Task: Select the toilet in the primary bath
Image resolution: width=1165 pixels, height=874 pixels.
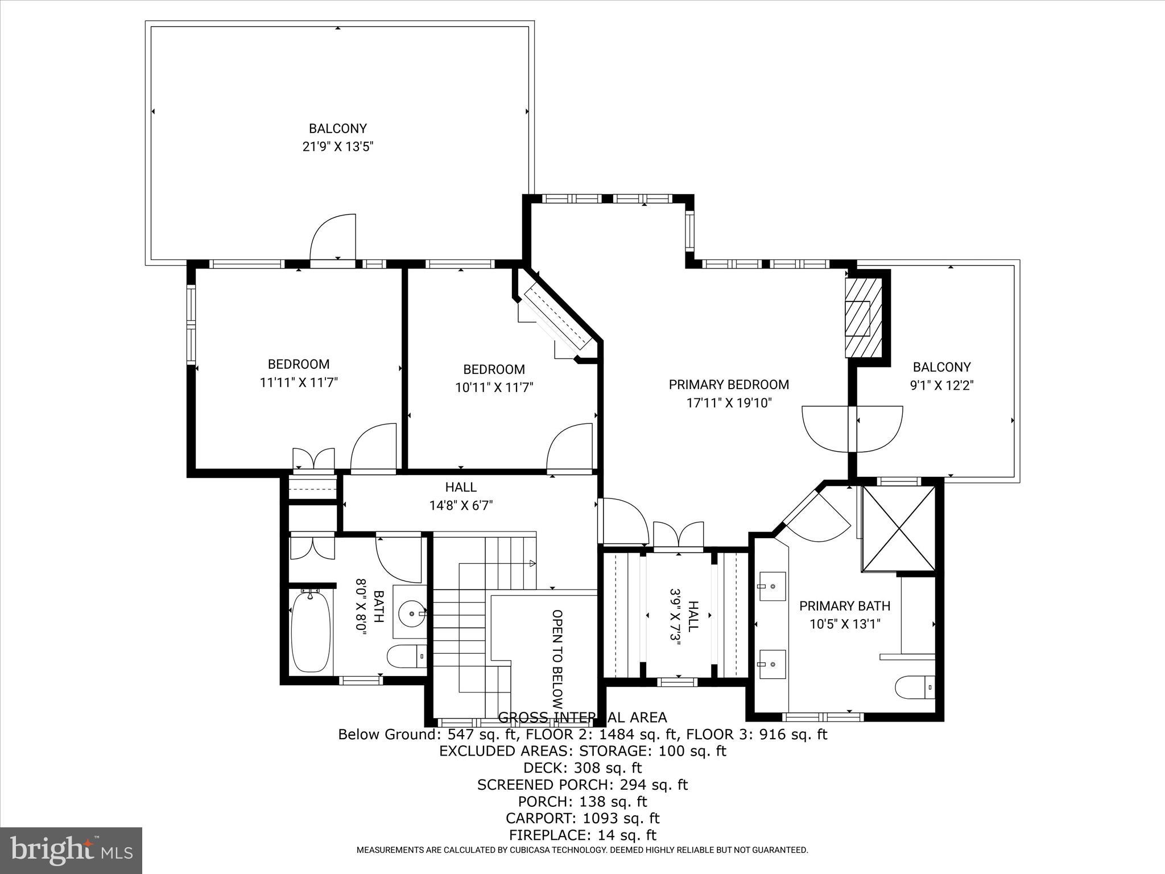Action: pos(914,687)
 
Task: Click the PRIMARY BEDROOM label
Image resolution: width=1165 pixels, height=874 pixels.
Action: pos(729,385)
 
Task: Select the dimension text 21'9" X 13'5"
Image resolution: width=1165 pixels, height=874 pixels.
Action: pos(337,147)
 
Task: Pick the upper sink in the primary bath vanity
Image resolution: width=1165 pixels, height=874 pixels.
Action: pos(772,586)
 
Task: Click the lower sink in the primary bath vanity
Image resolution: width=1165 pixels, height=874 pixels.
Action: pos(772,663)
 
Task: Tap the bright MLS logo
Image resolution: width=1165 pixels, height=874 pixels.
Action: pos(71,851)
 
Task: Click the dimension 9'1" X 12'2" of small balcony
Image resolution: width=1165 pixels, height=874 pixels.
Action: pos(941,385)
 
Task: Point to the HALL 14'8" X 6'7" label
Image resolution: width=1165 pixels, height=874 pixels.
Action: pos(461,496)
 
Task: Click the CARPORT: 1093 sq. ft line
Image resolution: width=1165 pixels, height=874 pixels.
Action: pos(582,818)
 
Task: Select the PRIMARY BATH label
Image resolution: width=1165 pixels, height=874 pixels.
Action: pos(845,606)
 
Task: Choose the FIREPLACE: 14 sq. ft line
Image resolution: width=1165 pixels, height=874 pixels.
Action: pos(582,835)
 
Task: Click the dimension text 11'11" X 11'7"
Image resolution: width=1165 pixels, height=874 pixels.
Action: pos(299,382)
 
